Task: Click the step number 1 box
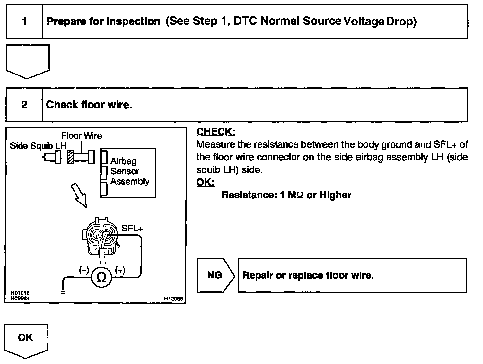24,22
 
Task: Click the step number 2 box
24,105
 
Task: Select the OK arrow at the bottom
26,339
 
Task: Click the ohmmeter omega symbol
101,277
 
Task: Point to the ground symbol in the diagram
63,291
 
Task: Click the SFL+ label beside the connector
132,228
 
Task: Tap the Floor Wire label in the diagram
82,136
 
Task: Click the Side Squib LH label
38,146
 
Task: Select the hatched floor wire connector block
71,157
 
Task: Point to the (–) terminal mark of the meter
84,270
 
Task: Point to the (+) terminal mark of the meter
120,270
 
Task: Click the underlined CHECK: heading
215,132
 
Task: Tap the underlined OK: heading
205,182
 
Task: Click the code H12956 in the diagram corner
173,299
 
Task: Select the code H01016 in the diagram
20,293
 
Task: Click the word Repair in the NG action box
255,275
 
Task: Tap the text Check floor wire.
89,105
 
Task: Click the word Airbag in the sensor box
123,161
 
